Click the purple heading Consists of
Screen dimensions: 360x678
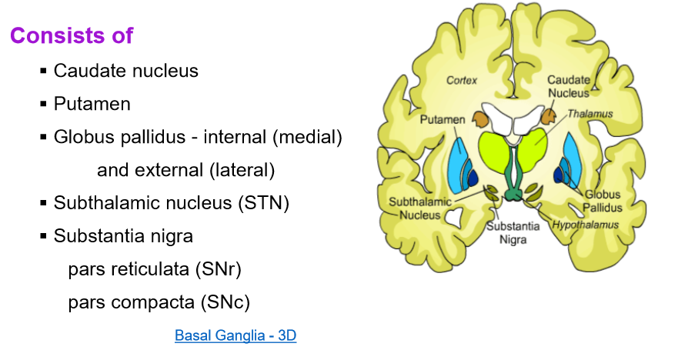pyautogui.click(x=72, y=35)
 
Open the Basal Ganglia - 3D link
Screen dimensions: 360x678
pyautogui.click(x=235, y=335)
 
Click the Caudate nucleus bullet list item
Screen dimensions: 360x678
pyautogui.click(x=126, y=71)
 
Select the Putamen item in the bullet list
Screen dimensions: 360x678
pyautogui.click(x=92, y=104)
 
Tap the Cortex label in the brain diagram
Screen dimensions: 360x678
pyautogui.click(x=462, y=80)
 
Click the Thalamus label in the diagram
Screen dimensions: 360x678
pyautogui.click(x=590, y=113)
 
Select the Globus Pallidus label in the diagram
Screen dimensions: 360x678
pyautogui.click(x=603, y=202)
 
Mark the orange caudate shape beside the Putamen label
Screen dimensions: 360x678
pyautogui.click(x=480, y=118)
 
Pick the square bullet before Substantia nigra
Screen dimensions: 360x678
pyautogui.click(x=43, y=237)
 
